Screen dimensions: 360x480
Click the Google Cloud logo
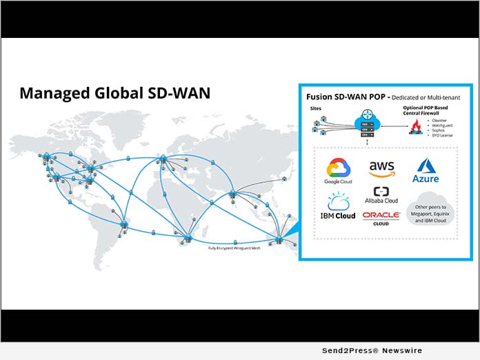[339, 170]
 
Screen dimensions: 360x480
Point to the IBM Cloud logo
[339, 206]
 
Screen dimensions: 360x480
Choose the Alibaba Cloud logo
[381, 195]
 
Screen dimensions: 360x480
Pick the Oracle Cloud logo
[381, 218]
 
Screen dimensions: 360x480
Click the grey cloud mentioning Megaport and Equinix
[428, 210]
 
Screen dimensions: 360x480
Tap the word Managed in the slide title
[48, 92]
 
